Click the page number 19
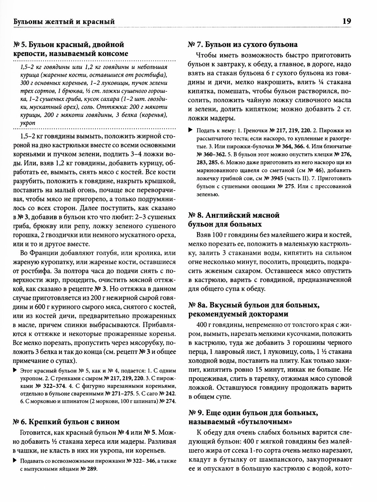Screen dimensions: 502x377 346,22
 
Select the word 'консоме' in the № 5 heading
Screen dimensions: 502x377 112,54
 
